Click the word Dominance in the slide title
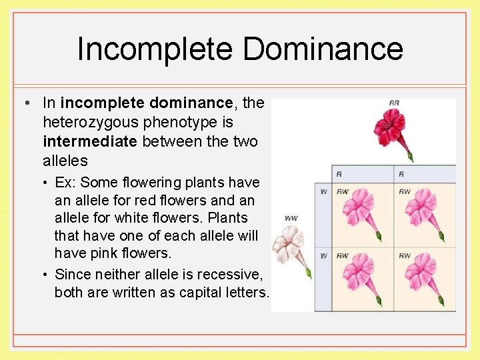point(323,50)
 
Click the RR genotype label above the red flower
point(394,103)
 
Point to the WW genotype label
point(291,218)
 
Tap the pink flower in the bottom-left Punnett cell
point(359,274)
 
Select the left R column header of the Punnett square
point(339,173)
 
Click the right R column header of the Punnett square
point(401,173)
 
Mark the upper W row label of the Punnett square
point(323,192)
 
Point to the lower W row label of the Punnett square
point(323,256)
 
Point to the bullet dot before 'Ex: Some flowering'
point(47,182)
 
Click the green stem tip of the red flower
point(410,157)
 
